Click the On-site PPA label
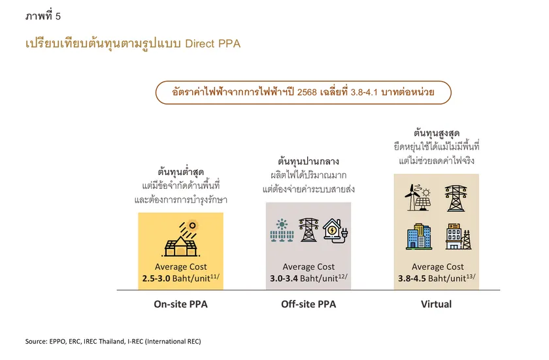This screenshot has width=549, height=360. [180, 304]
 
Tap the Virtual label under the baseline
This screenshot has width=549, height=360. [436, 304]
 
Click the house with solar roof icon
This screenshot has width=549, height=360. [180, 239]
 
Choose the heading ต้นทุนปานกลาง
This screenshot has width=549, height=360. [308, 161]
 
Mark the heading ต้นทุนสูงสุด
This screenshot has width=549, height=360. [437, 132]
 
